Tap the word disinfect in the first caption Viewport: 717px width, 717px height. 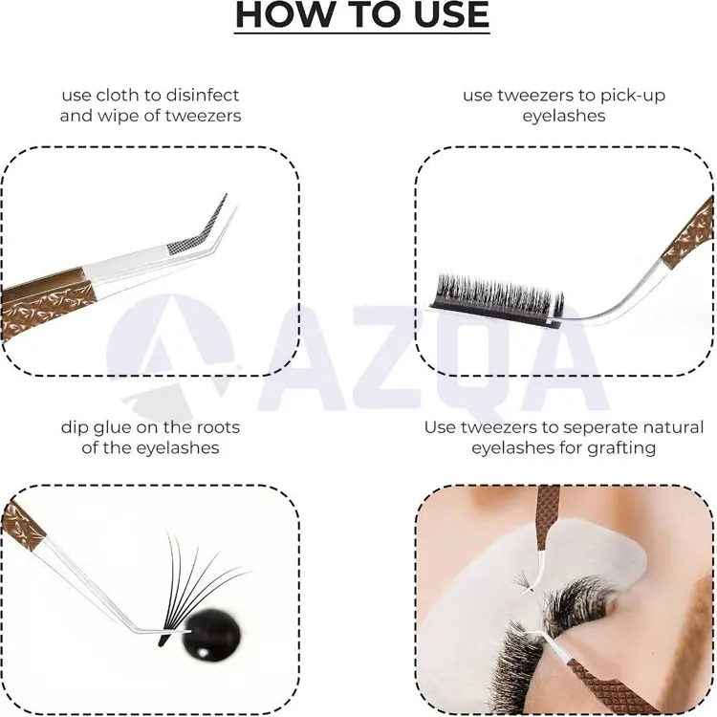pyautogui.click(x=202, y=95)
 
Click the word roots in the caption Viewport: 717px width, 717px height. pyautogui.click(x=218, y=428)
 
